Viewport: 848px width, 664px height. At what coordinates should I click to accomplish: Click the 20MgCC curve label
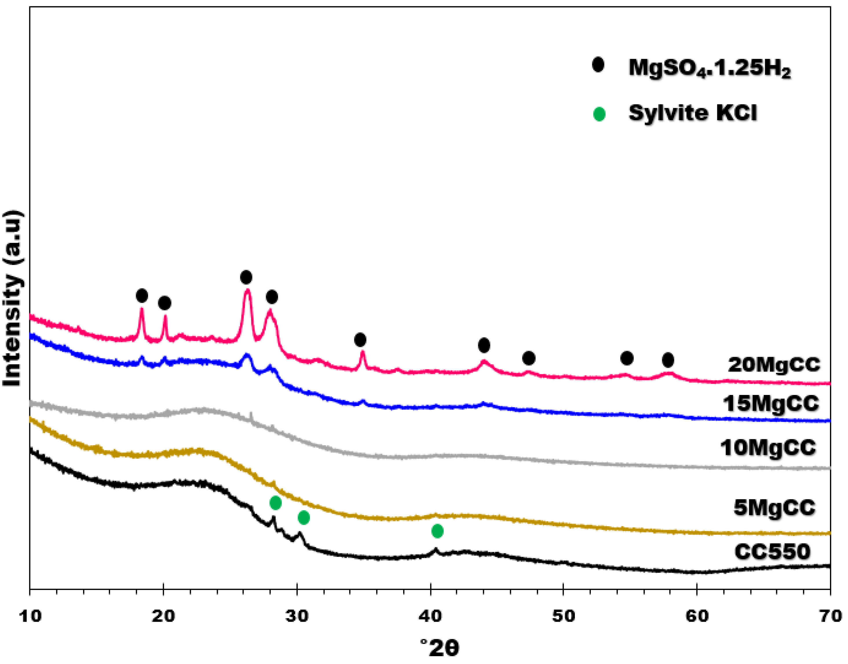click(774, 365)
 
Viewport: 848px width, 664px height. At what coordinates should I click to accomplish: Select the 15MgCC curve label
click(771, 404)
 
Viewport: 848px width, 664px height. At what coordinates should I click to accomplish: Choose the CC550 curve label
click(772, 552)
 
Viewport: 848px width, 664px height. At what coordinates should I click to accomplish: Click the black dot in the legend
click(598, 65)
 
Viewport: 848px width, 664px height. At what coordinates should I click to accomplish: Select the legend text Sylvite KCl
click(693, 113)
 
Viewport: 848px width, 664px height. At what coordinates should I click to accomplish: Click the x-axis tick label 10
click(30, 617)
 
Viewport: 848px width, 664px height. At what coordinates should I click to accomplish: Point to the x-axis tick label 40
click(430, 617)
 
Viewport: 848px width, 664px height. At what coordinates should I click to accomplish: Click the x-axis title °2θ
click(440, 648)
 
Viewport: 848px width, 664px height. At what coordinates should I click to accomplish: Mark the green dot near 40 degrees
click(437, 531)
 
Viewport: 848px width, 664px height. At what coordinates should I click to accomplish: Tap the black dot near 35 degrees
click(360, 340)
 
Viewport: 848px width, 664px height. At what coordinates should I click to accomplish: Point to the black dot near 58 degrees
click(668, 360)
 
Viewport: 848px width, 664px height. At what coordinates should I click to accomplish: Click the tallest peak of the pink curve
click(247, 291)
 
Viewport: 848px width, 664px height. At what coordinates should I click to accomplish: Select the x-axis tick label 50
click(564, 617)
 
